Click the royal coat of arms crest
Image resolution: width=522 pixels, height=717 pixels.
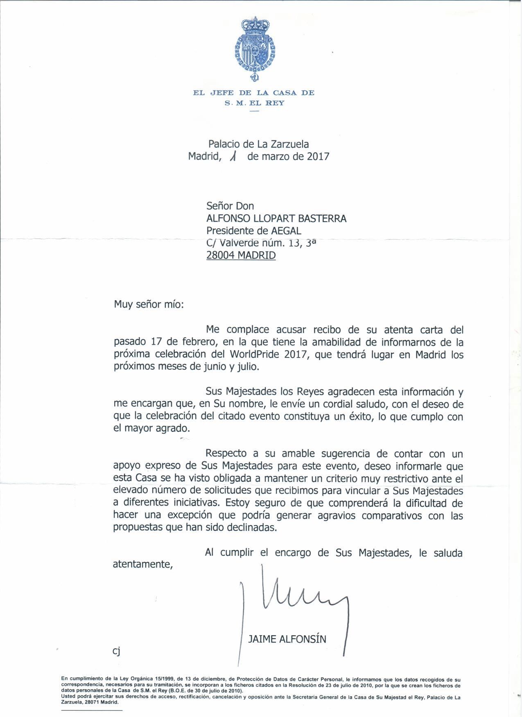click(x=254, y=48)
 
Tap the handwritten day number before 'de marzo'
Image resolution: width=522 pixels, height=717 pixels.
click(x=234, y=156)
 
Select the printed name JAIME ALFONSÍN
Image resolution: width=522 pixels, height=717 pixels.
click(x=287, y=639)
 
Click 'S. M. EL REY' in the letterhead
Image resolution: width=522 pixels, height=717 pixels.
click(x=254, y=103)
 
